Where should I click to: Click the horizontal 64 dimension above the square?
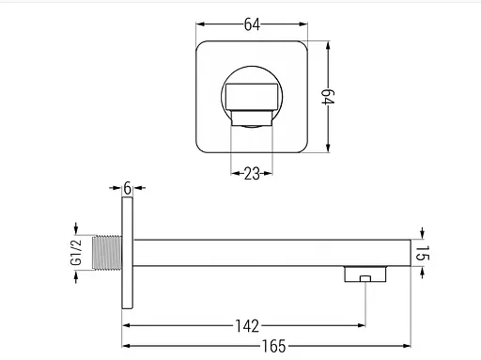252,24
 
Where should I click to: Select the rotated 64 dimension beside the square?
328,97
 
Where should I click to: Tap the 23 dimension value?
252,173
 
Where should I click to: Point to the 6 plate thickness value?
127,188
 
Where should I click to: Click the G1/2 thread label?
76,253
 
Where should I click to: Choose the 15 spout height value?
422,253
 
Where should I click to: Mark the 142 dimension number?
247,326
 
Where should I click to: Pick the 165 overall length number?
274,346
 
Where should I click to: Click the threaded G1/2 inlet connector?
107,253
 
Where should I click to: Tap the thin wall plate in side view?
127,253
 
